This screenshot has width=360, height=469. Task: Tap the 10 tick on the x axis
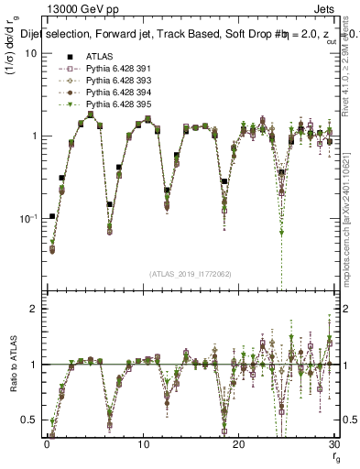click(143, 444)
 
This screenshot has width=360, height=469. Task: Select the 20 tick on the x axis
click(239, 444)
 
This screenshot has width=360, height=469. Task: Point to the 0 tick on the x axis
click(47, 444)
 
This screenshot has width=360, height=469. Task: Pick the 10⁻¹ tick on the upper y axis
click(27, 219)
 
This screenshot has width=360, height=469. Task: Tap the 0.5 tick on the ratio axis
click(29, 420)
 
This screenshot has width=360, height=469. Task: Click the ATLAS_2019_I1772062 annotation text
click(189, 274)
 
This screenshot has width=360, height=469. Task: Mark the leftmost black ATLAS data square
click(52, 217)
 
